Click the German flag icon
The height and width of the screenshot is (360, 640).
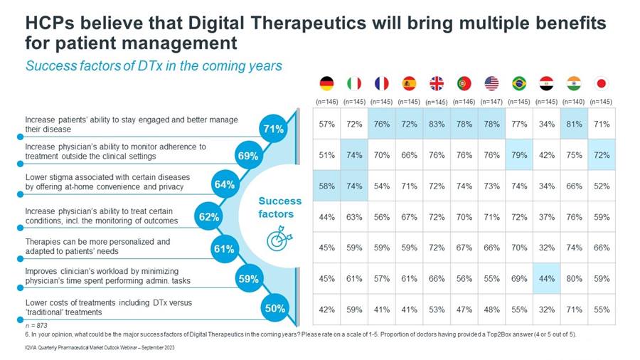click(x=326, y=84)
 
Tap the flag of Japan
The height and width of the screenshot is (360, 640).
click(x=601, y=84)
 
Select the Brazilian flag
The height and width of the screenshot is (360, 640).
click(x=519, y=84)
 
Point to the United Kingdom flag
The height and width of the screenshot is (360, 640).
click(x=437, y=84)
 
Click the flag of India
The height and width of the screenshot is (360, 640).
click(x=574, y=84)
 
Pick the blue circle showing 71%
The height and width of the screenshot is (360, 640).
click(x=273, y=129)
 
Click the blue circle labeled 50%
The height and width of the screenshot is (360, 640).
click(x=274, y=308)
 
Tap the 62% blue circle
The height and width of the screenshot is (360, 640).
click(x=209, y=216)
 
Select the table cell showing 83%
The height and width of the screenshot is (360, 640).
click(x=437, y=124)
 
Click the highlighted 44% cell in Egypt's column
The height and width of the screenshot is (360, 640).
click(x=547, y=279)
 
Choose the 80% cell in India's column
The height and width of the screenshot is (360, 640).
click(x=574, y=279)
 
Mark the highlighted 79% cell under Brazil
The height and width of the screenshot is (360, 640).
click(x=519, y=154)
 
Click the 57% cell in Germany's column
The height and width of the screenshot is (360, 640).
click(x=326, y=124)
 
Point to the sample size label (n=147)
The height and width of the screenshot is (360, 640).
click(x=491, y=102)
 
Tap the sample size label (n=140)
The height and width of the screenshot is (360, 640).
click(x=574, y=102)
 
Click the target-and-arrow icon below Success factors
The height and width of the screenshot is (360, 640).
click(x=279, y=240)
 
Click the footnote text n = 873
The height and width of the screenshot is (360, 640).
click(x=36, y=326)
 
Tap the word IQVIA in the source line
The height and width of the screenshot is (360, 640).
click(x=31, y=348)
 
